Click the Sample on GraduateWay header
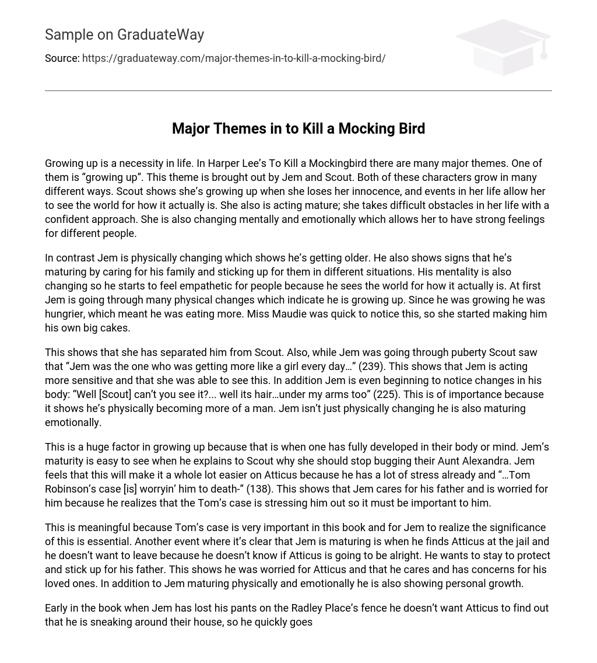124,35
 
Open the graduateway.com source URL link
234,58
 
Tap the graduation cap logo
503,47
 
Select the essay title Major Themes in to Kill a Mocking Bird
298,128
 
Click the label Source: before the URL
62,58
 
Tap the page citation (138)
261,489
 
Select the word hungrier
69,314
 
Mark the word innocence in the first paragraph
359,191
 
